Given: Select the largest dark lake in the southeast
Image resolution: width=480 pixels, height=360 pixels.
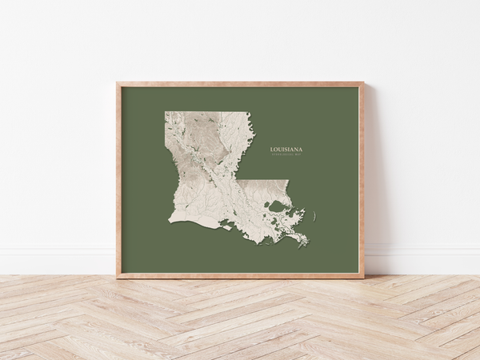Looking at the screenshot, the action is tap(278, 206).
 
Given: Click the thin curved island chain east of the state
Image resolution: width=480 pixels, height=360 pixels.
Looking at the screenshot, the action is tap(314, 215).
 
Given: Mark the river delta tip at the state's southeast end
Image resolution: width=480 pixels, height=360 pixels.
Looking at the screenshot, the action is tap(306, 245).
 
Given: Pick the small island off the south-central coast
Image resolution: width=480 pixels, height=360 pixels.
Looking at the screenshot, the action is tap(228, 227).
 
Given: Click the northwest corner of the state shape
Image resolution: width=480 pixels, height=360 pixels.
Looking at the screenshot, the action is tap(166, 113).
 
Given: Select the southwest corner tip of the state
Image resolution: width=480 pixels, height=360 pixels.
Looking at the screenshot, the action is tap(170, 222).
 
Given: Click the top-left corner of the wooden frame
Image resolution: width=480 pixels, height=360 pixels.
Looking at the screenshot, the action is tap(117, 83).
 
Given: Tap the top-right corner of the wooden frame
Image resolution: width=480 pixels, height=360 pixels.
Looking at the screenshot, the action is tap(363, 83).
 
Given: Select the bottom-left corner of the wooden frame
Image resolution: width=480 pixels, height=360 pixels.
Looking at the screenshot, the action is tap(117, 277).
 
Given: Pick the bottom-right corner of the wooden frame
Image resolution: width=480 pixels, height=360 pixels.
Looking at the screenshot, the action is tap(363, 277).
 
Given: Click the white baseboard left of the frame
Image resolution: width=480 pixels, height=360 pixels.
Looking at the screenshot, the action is tap(56, 260).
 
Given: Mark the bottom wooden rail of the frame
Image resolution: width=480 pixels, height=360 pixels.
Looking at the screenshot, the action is tap(240, 274).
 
